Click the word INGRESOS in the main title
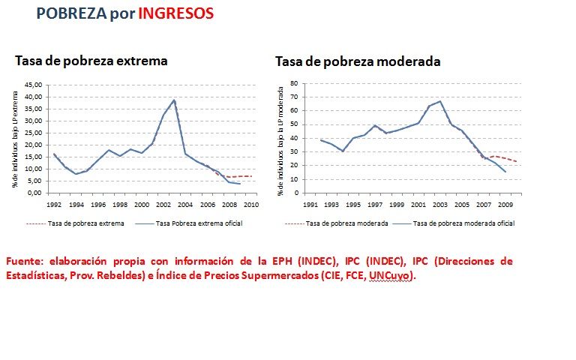175,13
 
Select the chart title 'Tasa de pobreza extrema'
91,61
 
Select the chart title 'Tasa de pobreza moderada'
358,61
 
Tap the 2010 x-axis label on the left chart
251,203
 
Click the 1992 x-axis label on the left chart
54,203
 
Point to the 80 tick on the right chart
295,83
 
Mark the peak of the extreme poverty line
174,100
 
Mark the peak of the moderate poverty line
440,101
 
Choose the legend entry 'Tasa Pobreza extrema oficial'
199,223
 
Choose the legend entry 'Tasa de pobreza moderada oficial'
463,223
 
